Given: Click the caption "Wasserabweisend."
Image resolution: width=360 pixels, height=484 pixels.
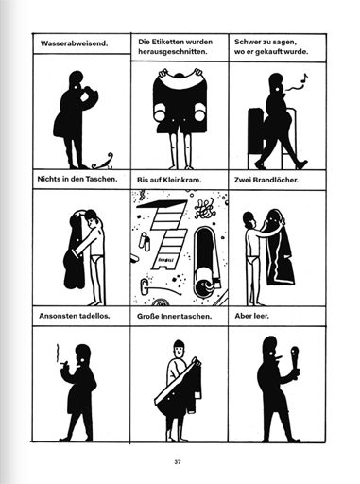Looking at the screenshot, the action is click(75, 43).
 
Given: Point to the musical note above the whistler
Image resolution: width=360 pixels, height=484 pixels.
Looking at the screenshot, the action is click(303, 78).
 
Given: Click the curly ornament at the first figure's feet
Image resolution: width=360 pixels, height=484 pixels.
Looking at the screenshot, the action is click(103, 163).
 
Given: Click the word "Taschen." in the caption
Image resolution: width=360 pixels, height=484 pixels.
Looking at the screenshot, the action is click(101, 179).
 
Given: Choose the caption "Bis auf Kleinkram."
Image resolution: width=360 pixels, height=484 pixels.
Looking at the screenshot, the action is click(169, 180).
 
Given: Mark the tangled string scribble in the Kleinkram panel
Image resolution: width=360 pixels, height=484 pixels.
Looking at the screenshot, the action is click(204, 209).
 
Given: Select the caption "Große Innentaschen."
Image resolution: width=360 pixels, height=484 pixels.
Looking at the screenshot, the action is click(174, 316).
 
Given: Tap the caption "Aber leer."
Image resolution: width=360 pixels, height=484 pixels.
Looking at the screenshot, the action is click(251, 316).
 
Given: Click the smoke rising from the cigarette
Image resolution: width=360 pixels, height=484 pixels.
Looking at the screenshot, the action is click(57, 353).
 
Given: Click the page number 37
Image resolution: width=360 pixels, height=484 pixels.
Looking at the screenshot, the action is click(178, 462).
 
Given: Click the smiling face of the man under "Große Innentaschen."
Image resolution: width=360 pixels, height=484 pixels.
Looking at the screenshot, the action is click(179, 350).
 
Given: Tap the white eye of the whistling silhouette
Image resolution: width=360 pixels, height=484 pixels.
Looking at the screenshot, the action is click(278, 90).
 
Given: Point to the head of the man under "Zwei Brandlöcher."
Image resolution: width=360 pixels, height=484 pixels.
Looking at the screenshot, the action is click(249, 219).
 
